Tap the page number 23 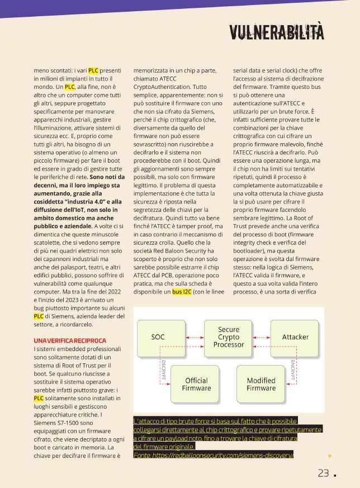[323, 473]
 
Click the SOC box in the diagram [158, 337]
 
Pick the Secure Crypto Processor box [229, 337]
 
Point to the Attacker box [295, 337]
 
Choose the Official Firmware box [196, 384]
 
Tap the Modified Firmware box [261, 384]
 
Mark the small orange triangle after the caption [330, 456]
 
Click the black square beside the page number [335, 475]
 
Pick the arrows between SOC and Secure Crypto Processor [193, 337]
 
